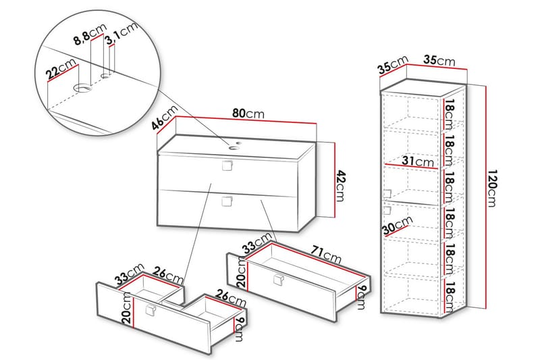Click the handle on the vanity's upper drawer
click(227, 165)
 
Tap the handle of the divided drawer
click(151, 310)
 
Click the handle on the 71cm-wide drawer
click(277, 282)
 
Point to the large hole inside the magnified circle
click(82, 88)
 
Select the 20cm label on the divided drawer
click(126, 310)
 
